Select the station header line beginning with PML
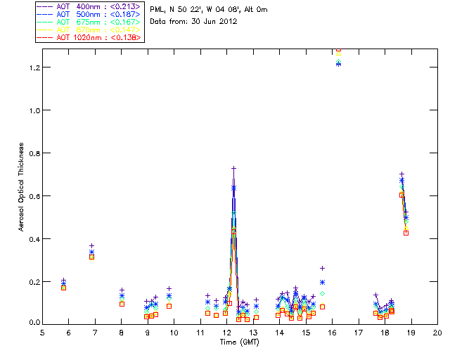[x=209, y=10]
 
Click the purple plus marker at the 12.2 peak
[x=233, y=168]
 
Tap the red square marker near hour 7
[x=91, y=257]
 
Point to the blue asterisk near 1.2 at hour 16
[x=338, y=64]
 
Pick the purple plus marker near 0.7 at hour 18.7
[x=401, y=174]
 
